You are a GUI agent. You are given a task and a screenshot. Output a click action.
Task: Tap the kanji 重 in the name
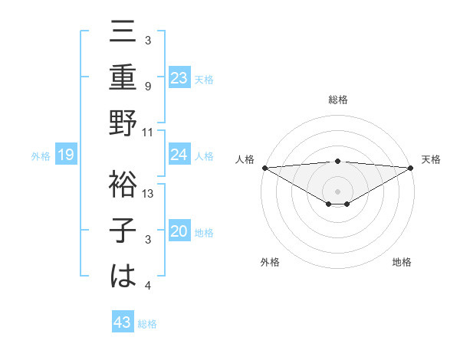pyautogui.click(x=123, y=78)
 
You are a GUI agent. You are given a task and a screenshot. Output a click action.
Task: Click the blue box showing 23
pyautogui.click(x=179, y=77)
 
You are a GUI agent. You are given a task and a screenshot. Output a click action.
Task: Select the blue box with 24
pyautogui.click(x=179, y=155)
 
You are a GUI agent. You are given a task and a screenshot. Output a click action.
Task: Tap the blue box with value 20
pyautogui.click(x=179, y=231)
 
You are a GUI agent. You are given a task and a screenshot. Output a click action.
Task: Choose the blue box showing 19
pyautogui.click(x=66, y=155)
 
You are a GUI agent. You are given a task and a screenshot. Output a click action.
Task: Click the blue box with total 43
pyautogui.click(x=123, y=322)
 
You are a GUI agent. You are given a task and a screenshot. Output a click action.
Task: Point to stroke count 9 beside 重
pyautogui.click(x=147, y=87)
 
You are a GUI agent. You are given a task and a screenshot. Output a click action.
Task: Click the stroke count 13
pyautogui.click(x=149, y=194)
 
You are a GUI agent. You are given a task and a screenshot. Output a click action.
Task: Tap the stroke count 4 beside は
pyautogui.click(x=147, y=286)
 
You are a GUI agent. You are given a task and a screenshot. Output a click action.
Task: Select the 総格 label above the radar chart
pyautogui.click(x=337, y=100)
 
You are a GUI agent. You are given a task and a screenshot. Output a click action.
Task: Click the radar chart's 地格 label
pyautogui.click(x=402, y=262)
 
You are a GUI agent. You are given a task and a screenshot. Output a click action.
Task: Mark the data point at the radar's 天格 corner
pyautogui.click(x=410, y=167)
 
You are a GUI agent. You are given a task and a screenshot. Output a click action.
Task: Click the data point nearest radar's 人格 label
pyautogui.click(x=264, y=167)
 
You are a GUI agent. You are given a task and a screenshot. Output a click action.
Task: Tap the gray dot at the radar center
pyautogui.click(x=337, y=190)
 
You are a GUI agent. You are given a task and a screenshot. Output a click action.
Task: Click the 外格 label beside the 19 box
pyautogui.click(x=41, y=156)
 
